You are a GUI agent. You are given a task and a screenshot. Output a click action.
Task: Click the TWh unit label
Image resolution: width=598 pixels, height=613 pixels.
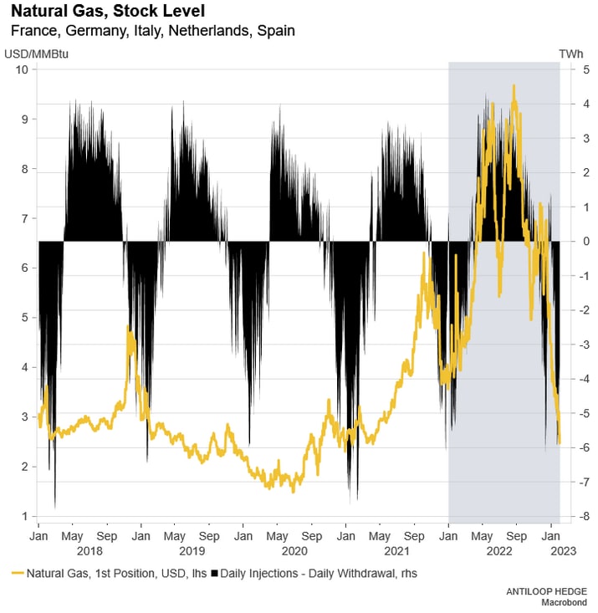point(570,54)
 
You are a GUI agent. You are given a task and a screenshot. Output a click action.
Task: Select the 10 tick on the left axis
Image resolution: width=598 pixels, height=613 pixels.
point(23,69)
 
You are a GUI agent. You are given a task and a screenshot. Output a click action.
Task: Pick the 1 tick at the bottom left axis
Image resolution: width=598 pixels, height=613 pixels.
point(26,516)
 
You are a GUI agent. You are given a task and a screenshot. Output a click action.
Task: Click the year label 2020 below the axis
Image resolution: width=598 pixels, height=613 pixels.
point(294,551)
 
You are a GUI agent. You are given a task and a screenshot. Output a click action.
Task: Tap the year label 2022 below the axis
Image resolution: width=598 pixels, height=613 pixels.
point(499,551)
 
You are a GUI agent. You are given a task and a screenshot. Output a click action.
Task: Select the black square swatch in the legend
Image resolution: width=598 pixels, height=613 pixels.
point(215,573)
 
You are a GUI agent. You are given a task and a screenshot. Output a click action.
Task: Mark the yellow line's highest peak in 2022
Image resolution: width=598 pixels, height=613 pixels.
point(514,85)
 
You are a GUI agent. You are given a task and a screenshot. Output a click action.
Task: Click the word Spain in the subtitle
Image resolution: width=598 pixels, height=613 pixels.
point(278,31)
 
